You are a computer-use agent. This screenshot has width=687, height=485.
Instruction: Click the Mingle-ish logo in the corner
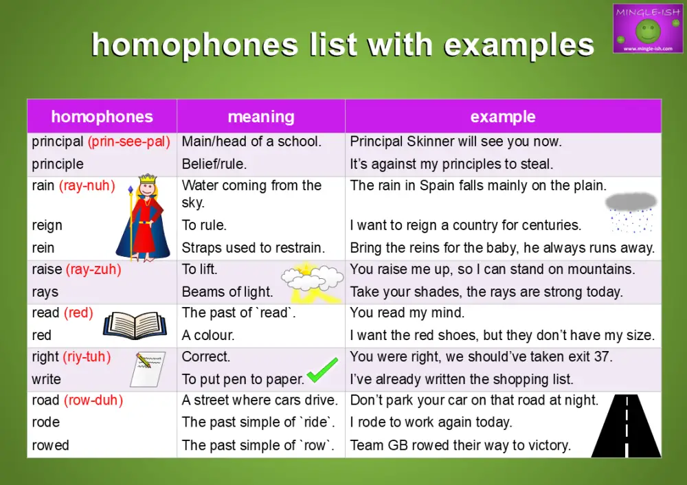click(x=647, y=28)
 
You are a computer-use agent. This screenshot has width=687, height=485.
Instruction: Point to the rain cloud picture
click(x=630, y=210)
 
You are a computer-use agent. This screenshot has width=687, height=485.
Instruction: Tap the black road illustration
click(x=626, y=425)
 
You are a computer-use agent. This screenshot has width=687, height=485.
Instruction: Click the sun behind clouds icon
click(x=311, y=282)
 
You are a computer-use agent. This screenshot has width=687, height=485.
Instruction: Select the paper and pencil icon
click(x=148, y=368)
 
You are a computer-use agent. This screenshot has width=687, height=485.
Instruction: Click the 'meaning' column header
click(x=261, y=117)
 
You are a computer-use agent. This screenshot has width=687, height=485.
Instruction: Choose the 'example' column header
click(x=503, y=117)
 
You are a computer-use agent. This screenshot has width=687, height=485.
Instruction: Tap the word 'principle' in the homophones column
click(x=58, y=164)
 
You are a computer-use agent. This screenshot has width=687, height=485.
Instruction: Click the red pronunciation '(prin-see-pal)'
click(x=128, y=142)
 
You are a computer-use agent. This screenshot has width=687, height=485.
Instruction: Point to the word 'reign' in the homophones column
click(x=47, y=225)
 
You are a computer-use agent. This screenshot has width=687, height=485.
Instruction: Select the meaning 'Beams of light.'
click(x=227, y=292)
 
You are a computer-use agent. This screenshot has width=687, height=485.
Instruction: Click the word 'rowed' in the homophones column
click(x=50, y=445)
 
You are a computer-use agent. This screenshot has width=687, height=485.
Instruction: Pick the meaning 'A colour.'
click(x=208, y=335)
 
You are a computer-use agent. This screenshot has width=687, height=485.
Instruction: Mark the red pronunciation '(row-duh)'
click(x=93, y=400)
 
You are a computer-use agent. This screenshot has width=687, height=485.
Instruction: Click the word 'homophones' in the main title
click(x=196, y=45)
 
